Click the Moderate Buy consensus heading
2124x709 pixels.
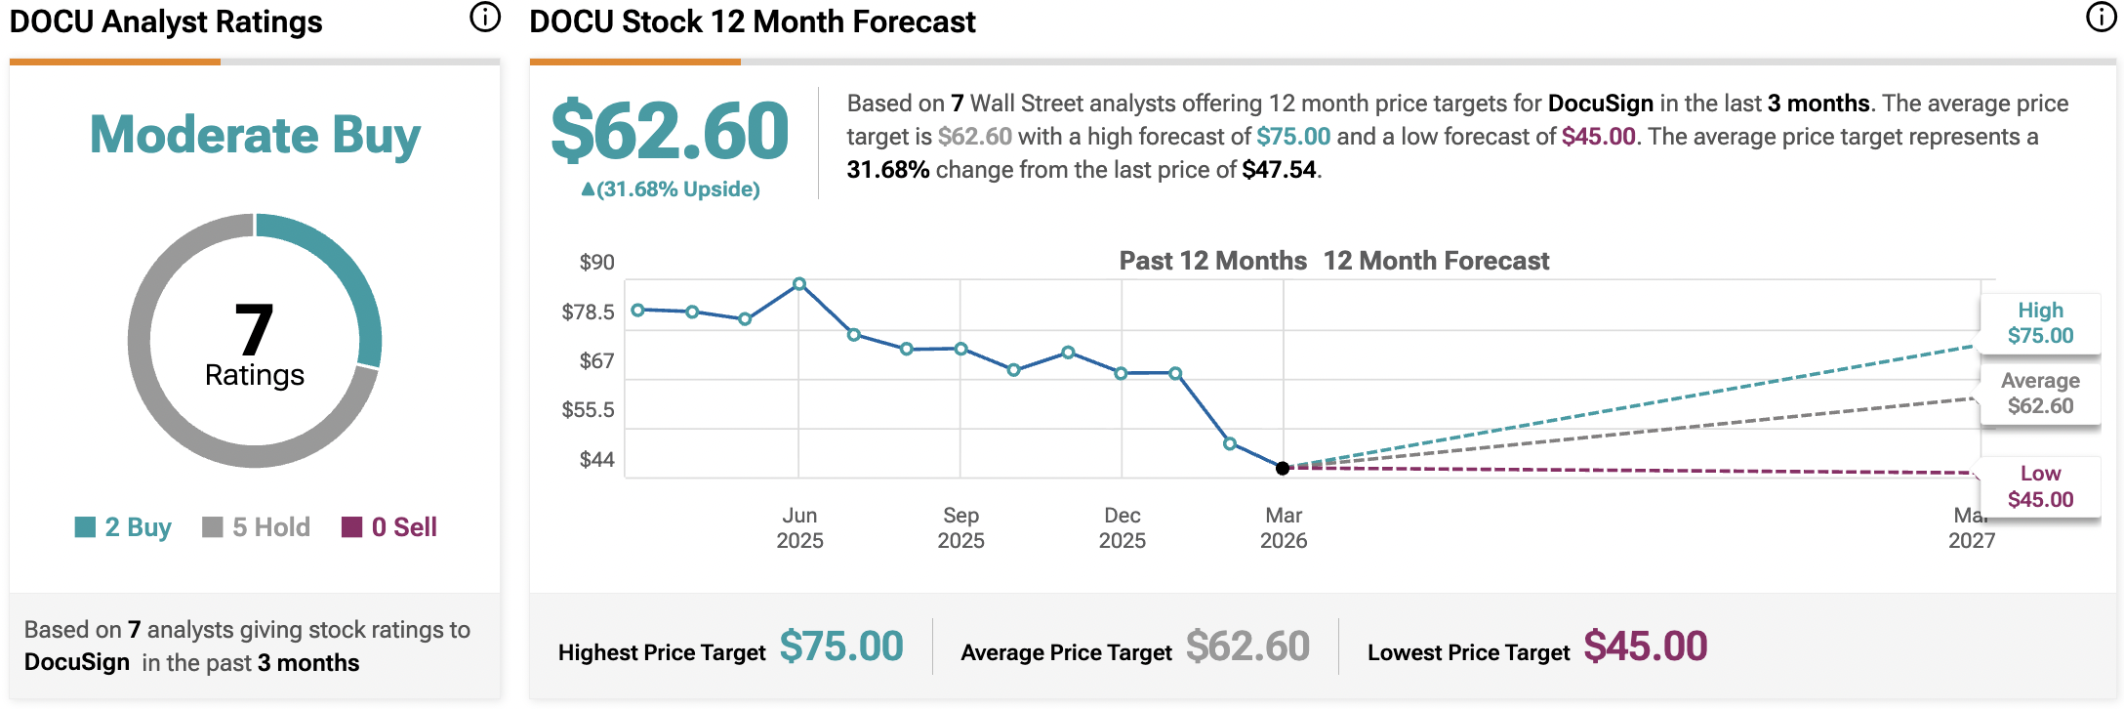[255, 135]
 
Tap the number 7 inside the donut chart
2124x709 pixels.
[254, 330]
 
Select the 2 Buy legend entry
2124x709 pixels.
[124, 527]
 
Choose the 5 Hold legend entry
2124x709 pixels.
[257, 527]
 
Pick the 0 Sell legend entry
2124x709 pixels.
[389, 527]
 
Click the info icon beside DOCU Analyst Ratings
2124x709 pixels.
[484, 18]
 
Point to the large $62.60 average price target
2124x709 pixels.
[670, 131]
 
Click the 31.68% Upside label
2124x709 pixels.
[671, 189]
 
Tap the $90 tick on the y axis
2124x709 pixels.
[596, 262]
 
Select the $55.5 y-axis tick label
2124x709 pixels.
[588, 410]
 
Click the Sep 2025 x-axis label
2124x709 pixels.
[960, 527]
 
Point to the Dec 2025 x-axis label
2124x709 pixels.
[1123, 527]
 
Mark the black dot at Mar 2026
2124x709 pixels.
[1283, 469]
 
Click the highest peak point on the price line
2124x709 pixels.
[799, 284]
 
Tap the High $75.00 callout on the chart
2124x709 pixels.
[2040, 323]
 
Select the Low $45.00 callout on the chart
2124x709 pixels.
[2040, 486]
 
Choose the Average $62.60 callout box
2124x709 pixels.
[2040, 394]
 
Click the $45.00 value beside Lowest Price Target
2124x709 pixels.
[1645, 646]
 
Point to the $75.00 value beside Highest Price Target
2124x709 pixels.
[841, 646]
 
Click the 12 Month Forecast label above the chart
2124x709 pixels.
[1436, 261]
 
